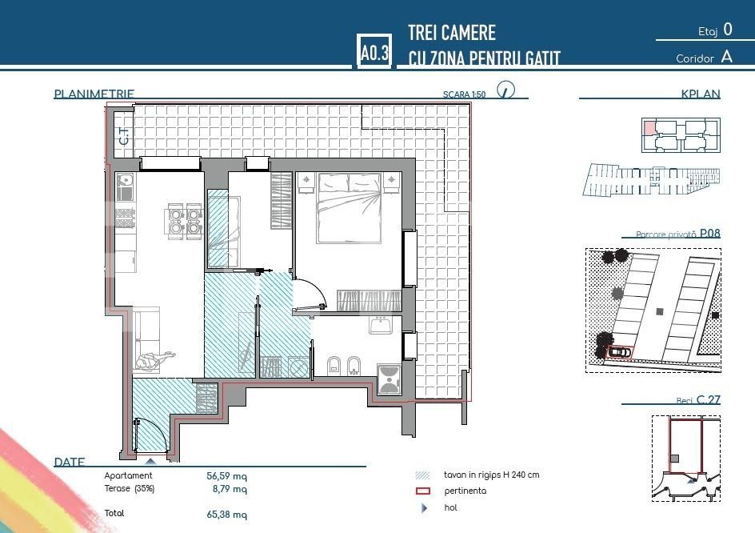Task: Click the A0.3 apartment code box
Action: pos(374,53)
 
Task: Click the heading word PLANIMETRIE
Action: pos(94,94)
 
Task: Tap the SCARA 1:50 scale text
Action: pos(464,94)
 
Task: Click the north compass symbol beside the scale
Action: pos(505,89)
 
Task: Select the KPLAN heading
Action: pos(701,94)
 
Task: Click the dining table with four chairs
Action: pos(182,220)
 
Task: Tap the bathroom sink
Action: pos(380,326)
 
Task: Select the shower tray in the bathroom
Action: pos(388,379)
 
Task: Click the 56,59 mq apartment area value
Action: pos(226,475)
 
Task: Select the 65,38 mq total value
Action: pos(226,515)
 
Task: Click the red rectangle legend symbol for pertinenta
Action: pos(424,491)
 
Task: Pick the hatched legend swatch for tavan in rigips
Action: pos(424,475)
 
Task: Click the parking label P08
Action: pos(710,234)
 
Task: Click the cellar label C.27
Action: pos(709,399)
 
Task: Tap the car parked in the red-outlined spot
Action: pos(618,351)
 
